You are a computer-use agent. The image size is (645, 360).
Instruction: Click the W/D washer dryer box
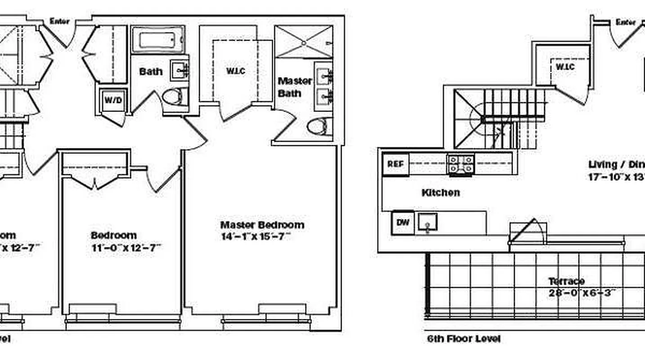click(113, 100)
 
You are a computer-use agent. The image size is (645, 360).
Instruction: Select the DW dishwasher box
click(403, 222)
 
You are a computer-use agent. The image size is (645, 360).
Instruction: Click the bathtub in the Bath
click(157, 40)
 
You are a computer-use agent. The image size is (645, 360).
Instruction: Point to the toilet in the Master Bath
click(319, 126)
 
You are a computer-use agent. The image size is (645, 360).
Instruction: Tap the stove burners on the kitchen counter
click(460, 164)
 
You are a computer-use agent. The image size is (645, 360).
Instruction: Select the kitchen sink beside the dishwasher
click(427, 222)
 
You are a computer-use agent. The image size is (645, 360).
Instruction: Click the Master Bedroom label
click(262, 225)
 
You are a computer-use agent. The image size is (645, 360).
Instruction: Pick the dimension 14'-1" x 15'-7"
click(256, 236)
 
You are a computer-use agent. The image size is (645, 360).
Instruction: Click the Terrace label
click(566, 281)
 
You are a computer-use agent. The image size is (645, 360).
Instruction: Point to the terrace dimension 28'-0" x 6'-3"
click(582, 292)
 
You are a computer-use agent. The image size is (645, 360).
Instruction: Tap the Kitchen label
click(441, 193)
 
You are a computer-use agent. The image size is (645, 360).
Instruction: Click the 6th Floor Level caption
click(464, 338)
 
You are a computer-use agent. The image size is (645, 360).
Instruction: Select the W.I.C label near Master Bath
click(236, 71)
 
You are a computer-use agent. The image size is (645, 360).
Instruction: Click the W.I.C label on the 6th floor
click(565, 67)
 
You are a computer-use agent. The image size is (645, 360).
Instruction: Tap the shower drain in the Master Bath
click(304, 43)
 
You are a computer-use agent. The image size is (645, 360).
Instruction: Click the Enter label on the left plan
click(59, 21)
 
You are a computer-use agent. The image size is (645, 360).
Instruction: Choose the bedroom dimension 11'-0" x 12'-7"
click(126, 247)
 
